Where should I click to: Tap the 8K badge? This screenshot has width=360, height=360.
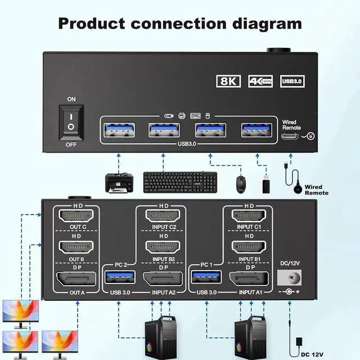(228, 82)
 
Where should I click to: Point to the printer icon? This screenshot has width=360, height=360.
(119, 182)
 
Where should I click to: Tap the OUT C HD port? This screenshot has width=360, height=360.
(76, 216)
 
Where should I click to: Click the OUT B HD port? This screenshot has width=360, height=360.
(76, 247)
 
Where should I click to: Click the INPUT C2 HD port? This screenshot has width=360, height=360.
(164, 216)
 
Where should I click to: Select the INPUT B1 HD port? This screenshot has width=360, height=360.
(250, 247)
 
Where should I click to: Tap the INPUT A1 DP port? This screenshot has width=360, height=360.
(250, 278)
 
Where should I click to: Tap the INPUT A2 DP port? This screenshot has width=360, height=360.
(164, 278)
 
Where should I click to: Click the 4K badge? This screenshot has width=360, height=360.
(260, 82)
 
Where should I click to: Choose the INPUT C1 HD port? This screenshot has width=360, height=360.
(250, 216)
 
